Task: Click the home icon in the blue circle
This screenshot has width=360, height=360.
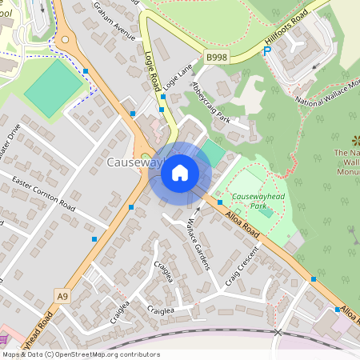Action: [x=180, y=172]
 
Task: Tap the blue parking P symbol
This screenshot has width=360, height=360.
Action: [x=268, y=50]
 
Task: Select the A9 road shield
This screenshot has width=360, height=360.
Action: [x=62, y=295]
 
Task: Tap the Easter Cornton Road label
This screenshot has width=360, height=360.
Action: [x=43, y=194]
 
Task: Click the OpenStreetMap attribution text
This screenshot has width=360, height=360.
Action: [x=80, y=354]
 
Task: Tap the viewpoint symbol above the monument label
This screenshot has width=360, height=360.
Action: [x=355, y=140]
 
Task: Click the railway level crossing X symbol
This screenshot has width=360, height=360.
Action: [x=278, y=331]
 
